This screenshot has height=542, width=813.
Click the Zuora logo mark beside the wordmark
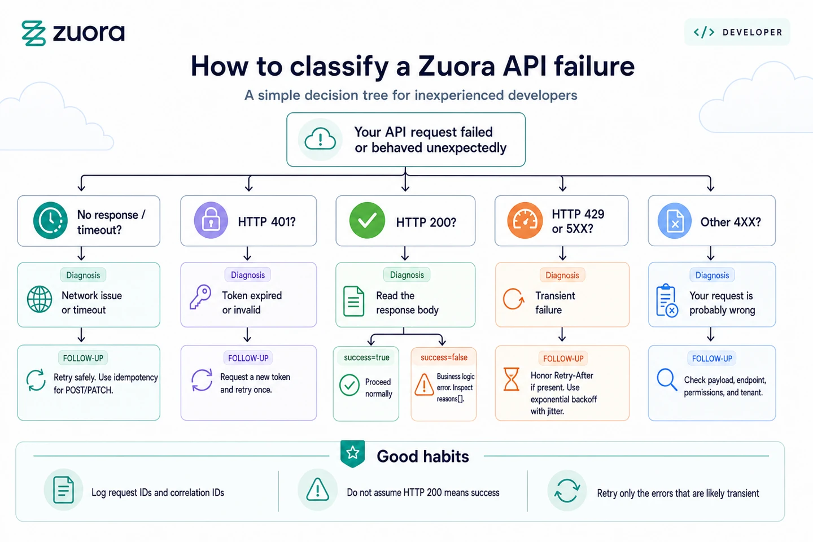[34, 33]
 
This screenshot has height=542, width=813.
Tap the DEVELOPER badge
[737, 32]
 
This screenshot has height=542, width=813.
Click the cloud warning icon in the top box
[320, 139]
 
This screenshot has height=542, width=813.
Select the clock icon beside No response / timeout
[50, 220]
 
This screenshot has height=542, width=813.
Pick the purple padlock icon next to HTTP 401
[211, 220]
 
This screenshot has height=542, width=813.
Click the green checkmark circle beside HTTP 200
[367, 220]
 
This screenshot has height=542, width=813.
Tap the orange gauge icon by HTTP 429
[525, 220]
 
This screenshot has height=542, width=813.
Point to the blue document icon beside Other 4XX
[675, 221]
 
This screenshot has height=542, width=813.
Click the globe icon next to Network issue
[40, 299]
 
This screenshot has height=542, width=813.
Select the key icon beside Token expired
[200, 296]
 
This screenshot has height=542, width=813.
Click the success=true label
[366, 357]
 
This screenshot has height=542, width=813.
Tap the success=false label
[444, 357]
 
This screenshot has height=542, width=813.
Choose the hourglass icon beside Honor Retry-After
[512, 379]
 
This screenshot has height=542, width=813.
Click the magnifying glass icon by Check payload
[667, 380]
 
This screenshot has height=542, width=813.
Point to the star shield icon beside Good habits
[352, 453]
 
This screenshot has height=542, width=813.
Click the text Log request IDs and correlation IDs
[158, 493]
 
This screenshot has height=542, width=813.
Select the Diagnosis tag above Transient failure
[562, 275]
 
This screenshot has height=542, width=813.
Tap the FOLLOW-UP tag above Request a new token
[248, 359]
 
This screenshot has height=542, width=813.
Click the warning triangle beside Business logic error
[424, 384]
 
